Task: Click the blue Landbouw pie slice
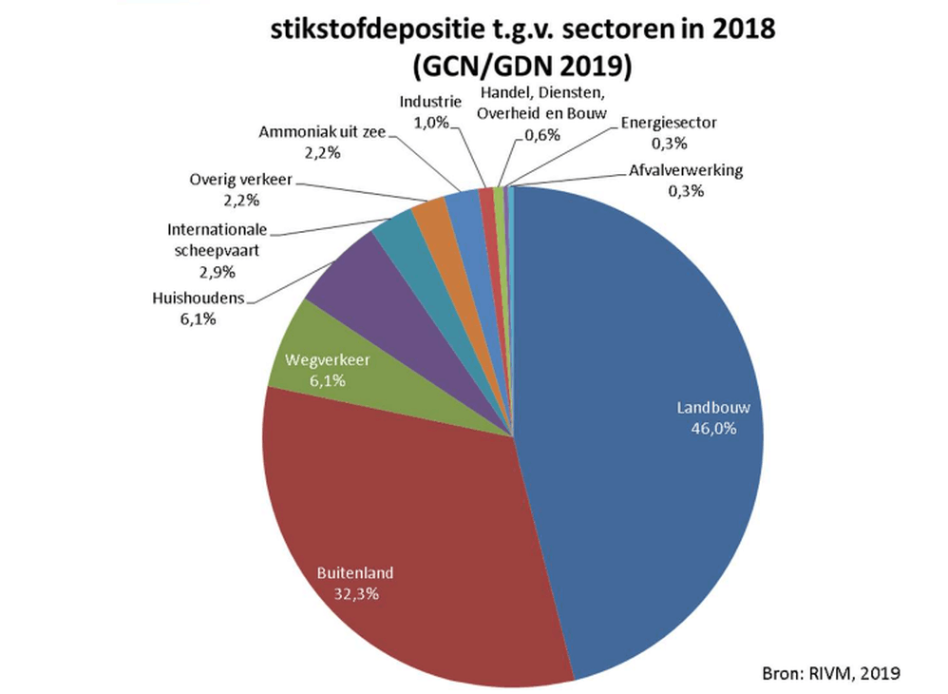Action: pos(646,380)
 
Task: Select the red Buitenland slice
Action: pos(399,532)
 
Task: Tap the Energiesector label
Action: pos(669,122)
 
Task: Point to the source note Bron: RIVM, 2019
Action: pos(830,674)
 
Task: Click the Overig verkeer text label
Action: pos(240,180)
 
